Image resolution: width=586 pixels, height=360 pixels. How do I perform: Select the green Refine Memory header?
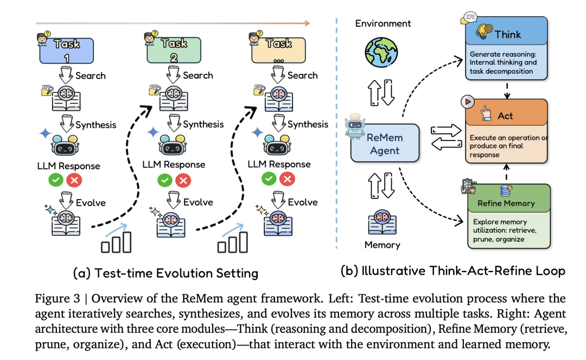tap(506, 203)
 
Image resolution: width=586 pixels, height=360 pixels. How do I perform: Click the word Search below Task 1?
tap(91, 75)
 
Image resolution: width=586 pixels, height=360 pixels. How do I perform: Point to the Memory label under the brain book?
tap(382, 245)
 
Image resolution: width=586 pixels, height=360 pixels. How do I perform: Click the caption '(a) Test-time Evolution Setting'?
tap(165, 273)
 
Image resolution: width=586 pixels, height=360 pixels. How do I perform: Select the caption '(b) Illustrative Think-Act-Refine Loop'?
tap(453, 270)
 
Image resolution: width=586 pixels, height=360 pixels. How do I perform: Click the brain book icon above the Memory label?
tap(383, 221)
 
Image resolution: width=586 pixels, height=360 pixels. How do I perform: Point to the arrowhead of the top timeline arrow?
tap(307, 23)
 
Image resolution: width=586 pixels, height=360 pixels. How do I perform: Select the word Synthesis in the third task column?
tap(308, 125)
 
